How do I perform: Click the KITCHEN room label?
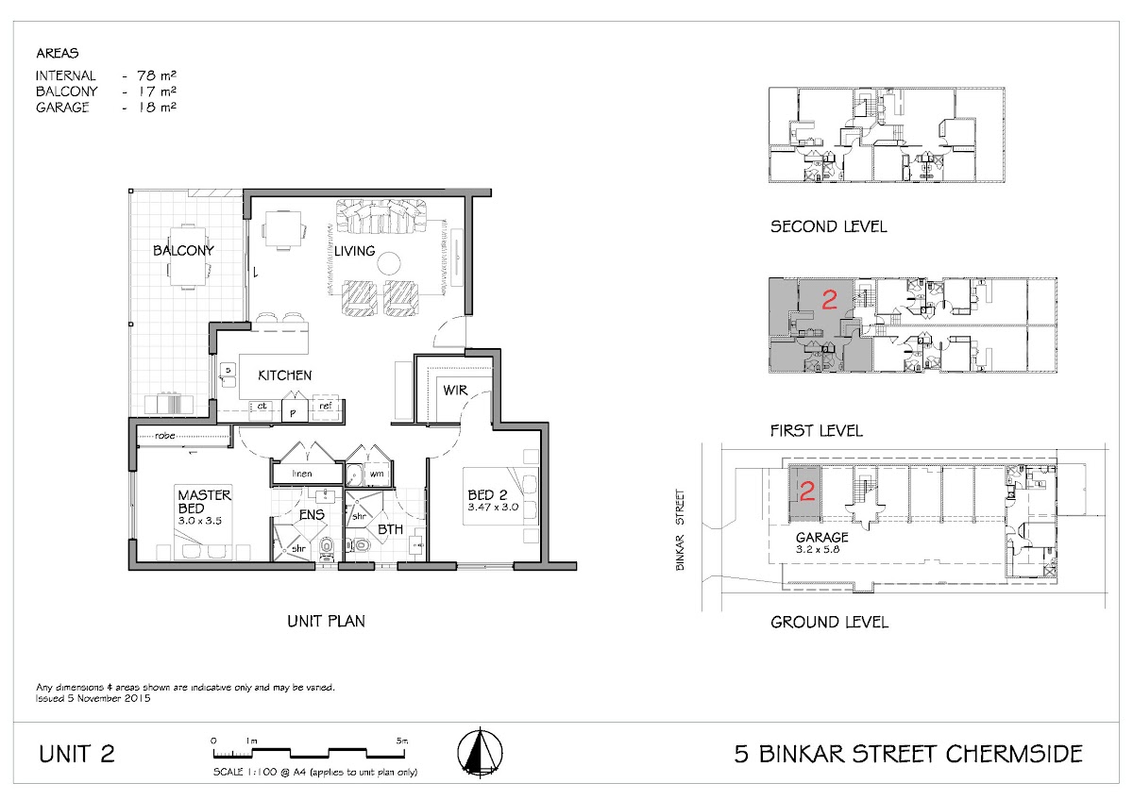click(285, 375)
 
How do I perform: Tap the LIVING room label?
click(355, 251)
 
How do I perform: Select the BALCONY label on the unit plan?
click(183, 251)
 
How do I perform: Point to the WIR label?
click(455, 391)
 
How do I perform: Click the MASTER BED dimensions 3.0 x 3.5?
click(200, 521)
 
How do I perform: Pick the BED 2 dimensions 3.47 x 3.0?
click(493, 507)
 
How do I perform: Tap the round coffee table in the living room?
click(388, 263)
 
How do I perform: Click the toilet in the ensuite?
click(328, 549)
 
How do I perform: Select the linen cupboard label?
click(302, 474)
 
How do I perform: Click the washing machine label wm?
click(377, 474)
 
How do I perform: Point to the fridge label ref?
click(325, 406)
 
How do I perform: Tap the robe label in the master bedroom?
click(165, 435)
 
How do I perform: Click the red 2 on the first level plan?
click(830, 300)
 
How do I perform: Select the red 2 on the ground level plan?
click(807, 492)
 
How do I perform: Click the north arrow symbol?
click(480, 752)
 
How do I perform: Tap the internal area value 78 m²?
click(157, 75)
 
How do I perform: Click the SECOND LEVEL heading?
click(829, 226)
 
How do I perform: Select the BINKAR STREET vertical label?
click(681, 529)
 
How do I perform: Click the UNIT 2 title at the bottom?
click(76, 755)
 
